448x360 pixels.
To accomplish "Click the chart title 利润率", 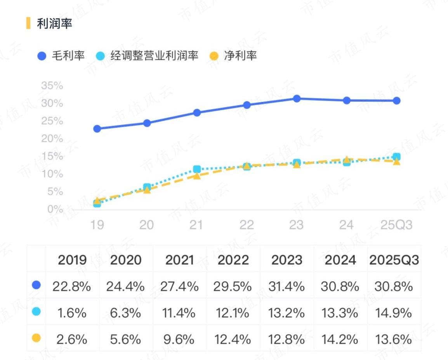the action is point(54,23).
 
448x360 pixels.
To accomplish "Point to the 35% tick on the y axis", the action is point(52,85).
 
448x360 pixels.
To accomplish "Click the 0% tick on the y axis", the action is point(55,209).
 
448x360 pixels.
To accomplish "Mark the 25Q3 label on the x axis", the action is point(396,225).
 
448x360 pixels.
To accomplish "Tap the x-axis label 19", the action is point(97,225).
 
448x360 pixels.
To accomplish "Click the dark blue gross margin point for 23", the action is point(297,99).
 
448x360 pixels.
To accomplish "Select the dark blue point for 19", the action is point(97,129).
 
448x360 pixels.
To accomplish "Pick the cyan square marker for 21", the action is point(197,169).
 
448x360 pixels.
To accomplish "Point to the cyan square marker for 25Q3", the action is point(397,156).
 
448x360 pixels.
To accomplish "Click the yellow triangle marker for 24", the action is point(347,159).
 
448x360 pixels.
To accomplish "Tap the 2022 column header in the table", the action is point(233,260).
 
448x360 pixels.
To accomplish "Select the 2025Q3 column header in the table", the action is point(394,260).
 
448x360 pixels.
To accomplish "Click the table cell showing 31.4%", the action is point(287,286).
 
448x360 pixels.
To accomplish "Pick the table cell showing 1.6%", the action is point(72,313).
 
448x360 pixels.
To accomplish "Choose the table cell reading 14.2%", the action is point(340,339).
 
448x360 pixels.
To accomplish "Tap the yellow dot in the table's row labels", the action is point(36,338).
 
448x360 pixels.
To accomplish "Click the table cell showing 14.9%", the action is point(394,313).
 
